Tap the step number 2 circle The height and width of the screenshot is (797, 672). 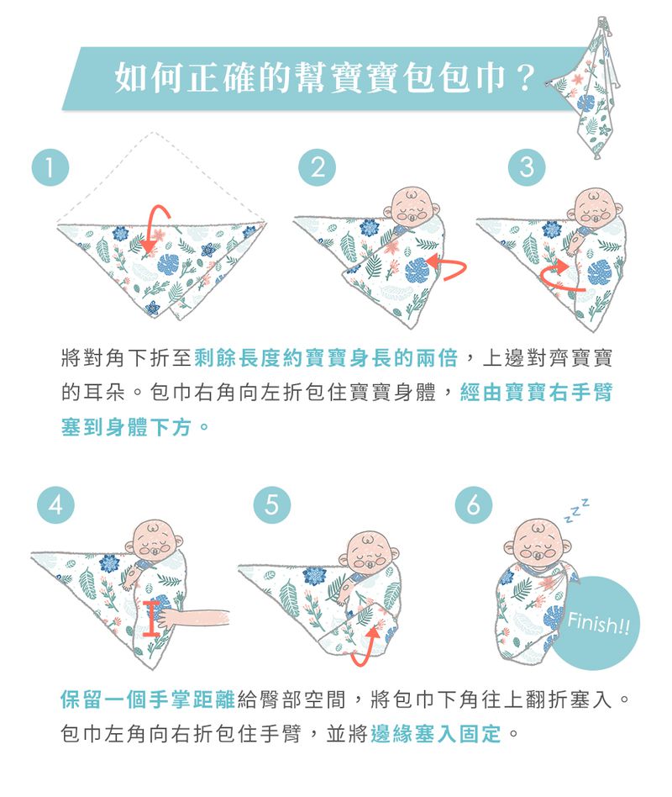[x=317, y=166]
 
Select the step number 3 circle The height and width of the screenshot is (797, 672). [x=526, y=166]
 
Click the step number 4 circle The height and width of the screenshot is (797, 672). [x=54, y=505]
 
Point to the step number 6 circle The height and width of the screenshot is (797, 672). [x=474, y=505]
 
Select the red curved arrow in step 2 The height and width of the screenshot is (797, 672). [x=445, y=268]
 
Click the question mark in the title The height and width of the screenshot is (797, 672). [x=526, y=79]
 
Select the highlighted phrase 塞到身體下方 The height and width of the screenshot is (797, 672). [x=130, y=428]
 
